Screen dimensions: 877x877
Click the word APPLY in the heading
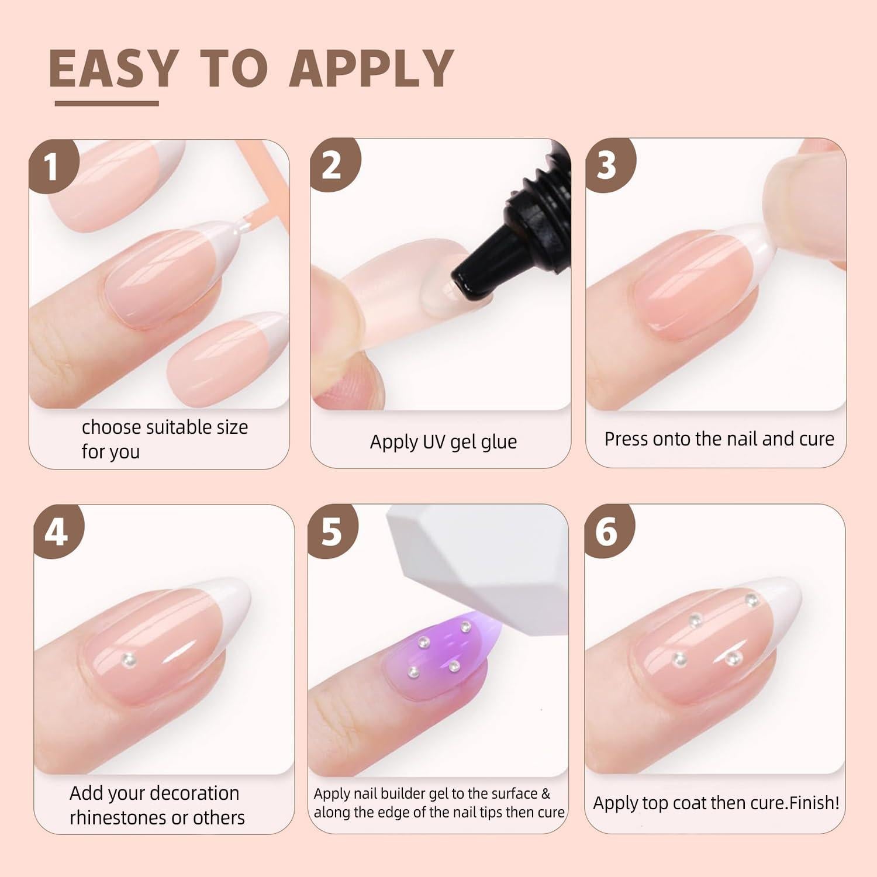pos(372,69)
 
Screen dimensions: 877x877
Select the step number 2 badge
pos(332,165)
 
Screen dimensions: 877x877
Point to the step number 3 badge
pos(607,165)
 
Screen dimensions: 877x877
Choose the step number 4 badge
pos(57,533)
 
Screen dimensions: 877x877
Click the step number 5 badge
pos(332,533)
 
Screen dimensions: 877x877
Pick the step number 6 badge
pos(607,533)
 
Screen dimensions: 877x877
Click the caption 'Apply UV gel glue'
pos(443,442)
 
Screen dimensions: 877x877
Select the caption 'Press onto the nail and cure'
pos(719,439)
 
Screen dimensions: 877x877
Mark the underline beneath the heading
pos(107,103)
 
